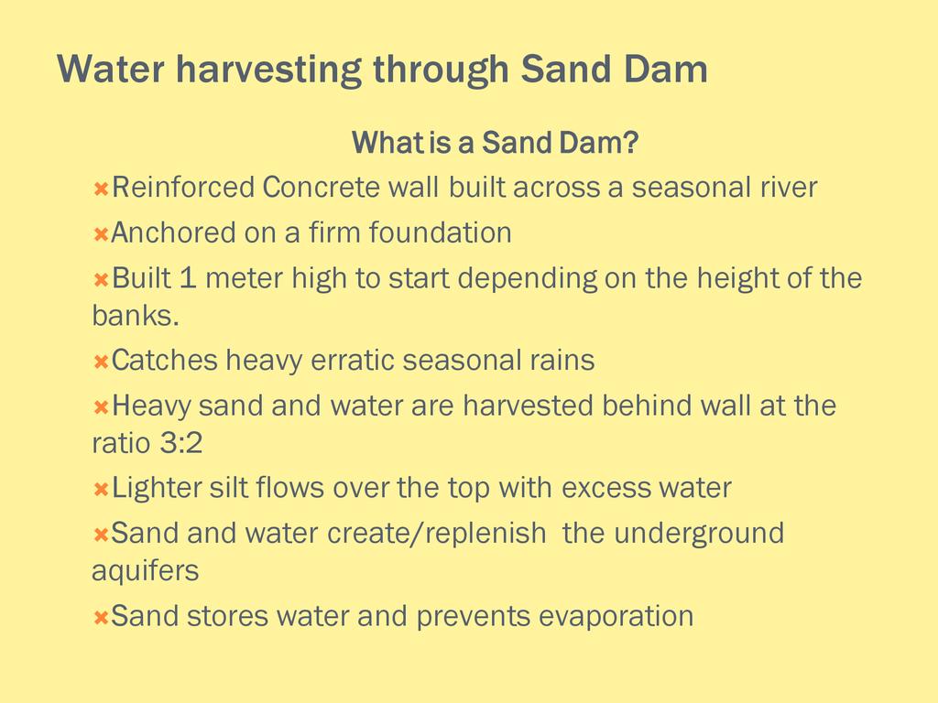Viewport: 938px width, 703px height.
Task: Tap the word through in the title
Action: click(x=441, y=70)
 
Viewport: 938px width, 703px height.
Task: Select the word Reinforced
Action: click(x=183, y=187)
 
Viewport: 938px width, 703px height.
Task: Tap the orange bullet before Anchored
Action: click(x=101, y=234)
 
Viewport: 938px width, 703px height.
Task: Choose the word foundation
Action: click(x=440, y=233)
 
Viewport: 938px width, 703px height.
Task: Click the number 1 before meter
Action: click(x=188, y=278)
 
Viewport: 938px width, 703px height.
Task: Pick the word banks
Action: click(x=136, y=315)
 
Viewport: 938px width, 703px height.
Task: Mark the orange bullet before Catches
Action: click(x=101, y=362)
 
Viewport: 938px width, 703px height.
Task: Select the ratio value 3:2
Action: click(x=181, y=443)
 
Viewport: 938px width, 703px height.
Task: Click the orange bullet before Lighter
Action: click(x=101, y=490)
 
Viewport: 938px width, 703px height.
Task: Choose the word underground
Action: click(x=699, y=534)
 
